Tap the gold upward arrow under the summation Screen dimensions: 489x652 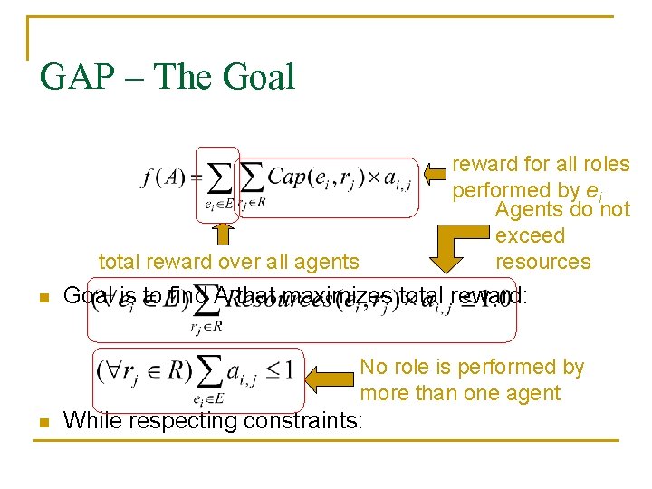point(223,234)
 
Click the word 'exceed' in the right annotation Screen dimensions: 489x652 point(530,236)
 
